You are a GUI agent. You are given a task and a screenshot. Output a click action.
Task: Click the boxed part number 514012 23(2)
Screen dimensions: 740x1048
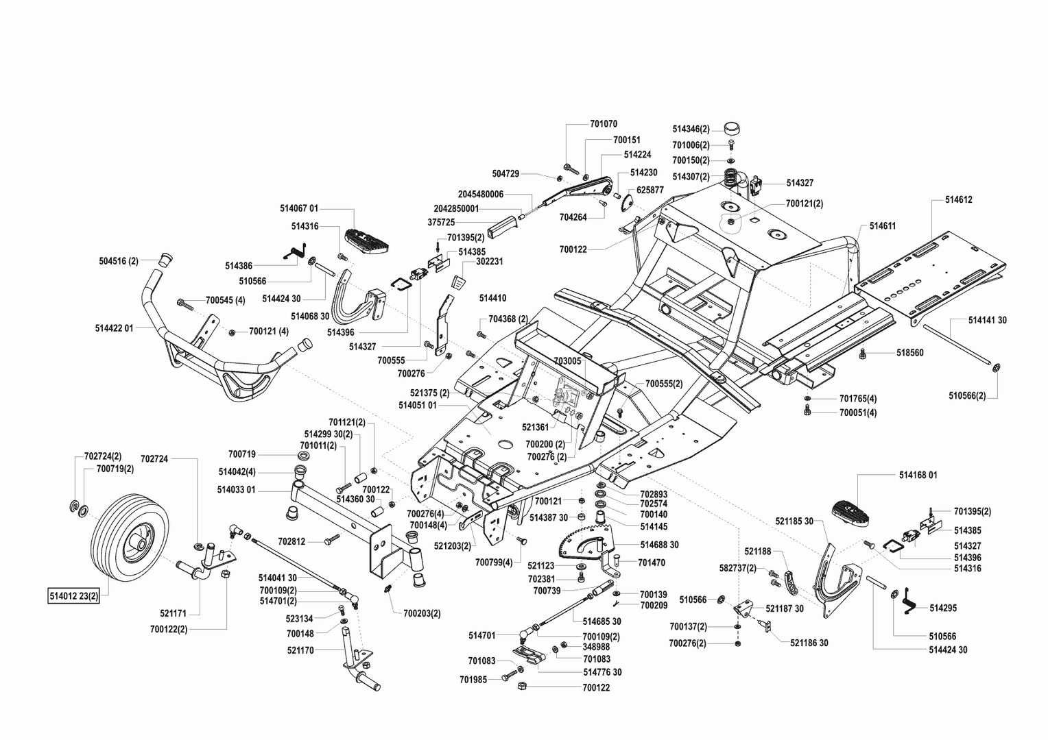(74, 595)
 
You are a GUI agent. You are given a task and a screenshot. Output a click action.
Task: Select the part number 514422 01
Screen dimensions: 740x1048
(114, 328)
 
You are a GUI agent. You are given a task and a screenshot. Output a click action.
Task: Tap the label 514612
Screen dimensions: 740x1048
(958, 200)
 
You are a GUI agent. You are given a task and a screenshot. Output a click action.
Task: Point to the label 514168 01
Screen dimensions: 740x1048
(918, 475)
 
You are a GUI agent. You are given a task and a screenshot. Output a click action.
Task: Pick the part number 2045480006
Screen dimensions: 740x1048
(481, 195)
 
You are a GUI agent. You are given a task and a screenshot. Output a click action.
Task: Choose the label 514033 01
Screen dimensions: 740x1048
(236, 490)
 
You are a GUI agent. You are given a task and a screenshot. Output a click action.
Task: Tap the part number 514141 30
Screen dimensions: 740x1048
(987, 320)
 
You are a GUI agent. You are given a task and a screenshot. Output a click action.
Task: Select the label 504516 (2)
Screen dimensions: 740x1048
(119, 261)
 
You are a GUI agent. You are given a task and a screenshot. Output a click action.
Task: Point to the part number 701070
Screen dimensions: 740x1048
(604, 124)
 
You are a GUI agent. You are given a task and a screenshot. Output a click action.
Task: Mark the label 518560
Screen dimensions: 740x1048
(910, 353)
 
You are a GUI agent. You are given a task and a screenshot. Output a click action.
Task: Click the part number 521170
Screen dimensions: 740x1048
(300, 650)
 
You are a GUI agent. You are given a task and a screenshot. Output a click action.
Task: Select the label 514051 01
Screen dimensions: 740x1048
(417, 405)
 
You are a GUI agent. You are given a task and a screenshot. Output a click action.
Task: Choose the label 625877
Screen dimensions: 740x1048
(650, 190)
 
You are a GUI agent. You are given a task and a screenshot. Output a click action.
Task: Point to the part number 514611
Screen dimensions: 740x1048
(883, 225)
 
